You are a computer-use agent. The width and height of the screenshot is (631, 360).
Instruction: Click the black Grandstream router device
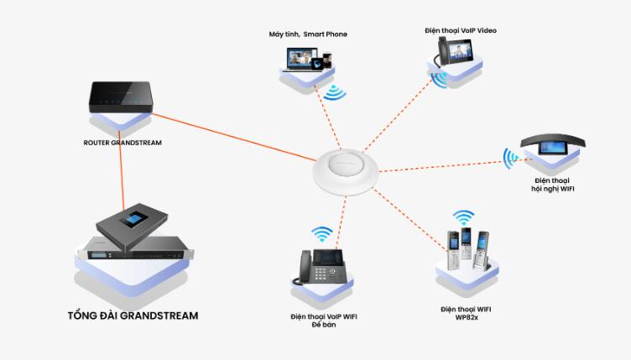(122, 97)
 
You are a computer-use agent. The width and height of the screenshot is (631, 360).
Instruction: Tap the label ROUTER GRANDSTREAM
(122, 143)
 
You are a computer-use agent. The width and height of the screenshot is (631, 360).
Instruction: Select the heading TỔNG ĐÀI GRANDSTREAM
(133, 316)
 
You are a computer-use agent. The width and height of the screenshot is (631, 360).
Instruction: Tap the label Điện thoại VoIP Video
(461, 30)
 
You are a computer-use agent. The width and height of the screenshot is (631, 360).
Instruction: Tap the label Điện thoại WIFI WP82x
(466, 314)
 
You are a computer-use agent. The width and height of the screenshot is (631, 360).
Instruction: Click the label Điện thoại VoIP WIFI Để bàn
(323, 321)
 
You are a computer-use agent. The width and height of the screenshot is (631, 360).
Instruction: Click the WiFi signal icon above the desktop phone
(321, 232)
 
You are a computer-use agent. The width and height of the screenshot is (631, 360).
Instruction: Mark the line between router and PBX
(124, 172)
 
